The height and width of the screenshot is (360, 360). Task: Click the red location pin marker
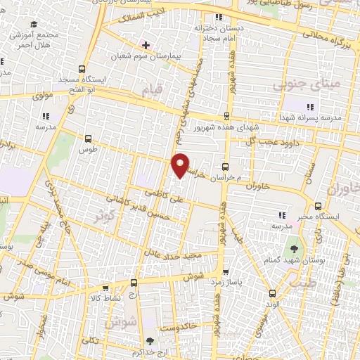181,165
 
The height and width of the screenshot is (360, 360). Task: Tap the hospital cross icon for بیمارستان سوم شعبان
146,44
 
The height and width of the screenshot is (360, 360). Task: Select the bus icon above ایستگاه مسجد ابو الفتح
83,70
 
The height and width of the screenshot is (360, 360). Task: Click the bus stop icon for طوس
88,139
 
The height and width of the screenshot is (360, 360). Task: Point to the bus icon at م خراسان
224,167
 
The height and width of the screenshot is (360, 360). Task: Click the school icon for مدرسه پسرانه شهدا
310,107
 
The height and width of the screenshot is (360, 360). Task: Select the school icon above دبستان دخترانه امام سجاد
219,18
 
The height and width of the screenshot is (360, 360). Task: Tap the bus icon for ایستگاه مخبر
319,206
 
